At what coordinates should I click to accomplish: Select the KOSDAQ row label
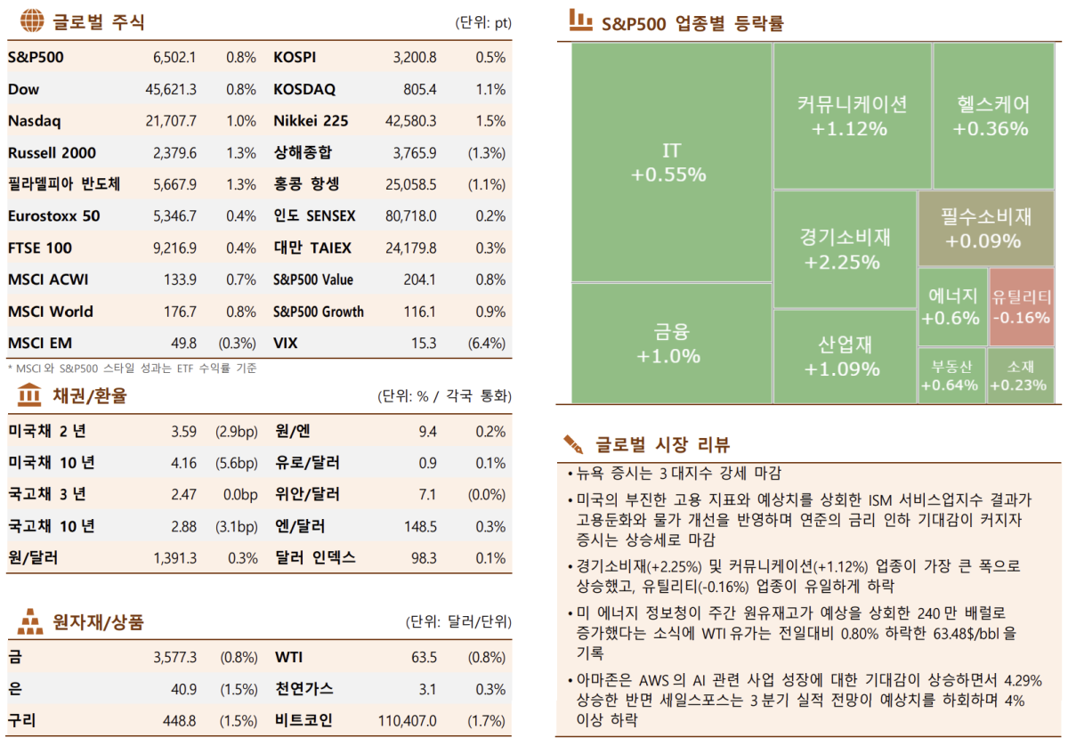tap(304, 90)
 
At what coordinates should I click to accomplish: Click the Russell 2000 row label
tap(52, 153)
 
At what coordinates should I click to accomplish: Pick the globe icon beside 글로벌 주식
tap(31, 20)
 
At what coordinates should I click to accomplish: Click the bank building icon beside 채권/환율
tap(29, 394)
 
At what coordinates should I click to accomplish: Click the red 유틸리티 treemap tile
tap(1021, 307)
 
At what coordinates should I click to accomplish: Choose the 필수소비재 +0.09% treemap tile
tap(985, 228)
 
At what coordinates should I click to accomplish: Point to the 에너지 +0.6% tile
tap(952, 307)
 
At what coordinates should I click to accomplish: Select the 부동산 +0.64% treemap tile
tap(951, 375)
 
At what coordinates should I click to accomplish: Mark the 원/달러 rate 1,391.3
tap(174, 558)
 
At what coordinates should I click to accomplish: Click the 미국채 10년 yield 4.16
tap(183, 463)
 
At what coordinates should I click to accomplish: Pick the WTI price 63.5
tap(423, 658)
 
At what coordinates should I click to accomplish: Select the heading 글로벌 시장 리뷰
tap(662, 444)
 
